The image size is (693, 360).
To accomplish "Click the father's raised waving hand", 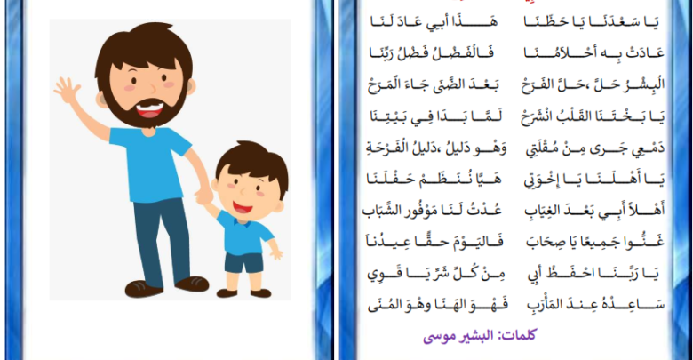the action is click(x=67, y=90).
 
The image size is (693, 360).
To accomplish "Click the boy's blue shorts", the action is click(x=243, y=263).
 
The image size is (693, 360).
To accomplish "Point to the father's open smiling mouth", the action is click(x=150, y=108).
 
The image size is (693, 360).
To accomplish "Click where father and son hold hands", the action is click(x=203, y=196).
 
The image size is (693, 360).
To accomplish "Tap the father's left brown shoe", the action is click(x=144, y=289).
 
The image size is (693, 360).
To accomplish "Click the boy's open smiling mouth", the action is click(x=243, y=207).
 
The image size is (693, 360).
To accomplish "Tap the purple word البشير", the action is click(x=476, y=335).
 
